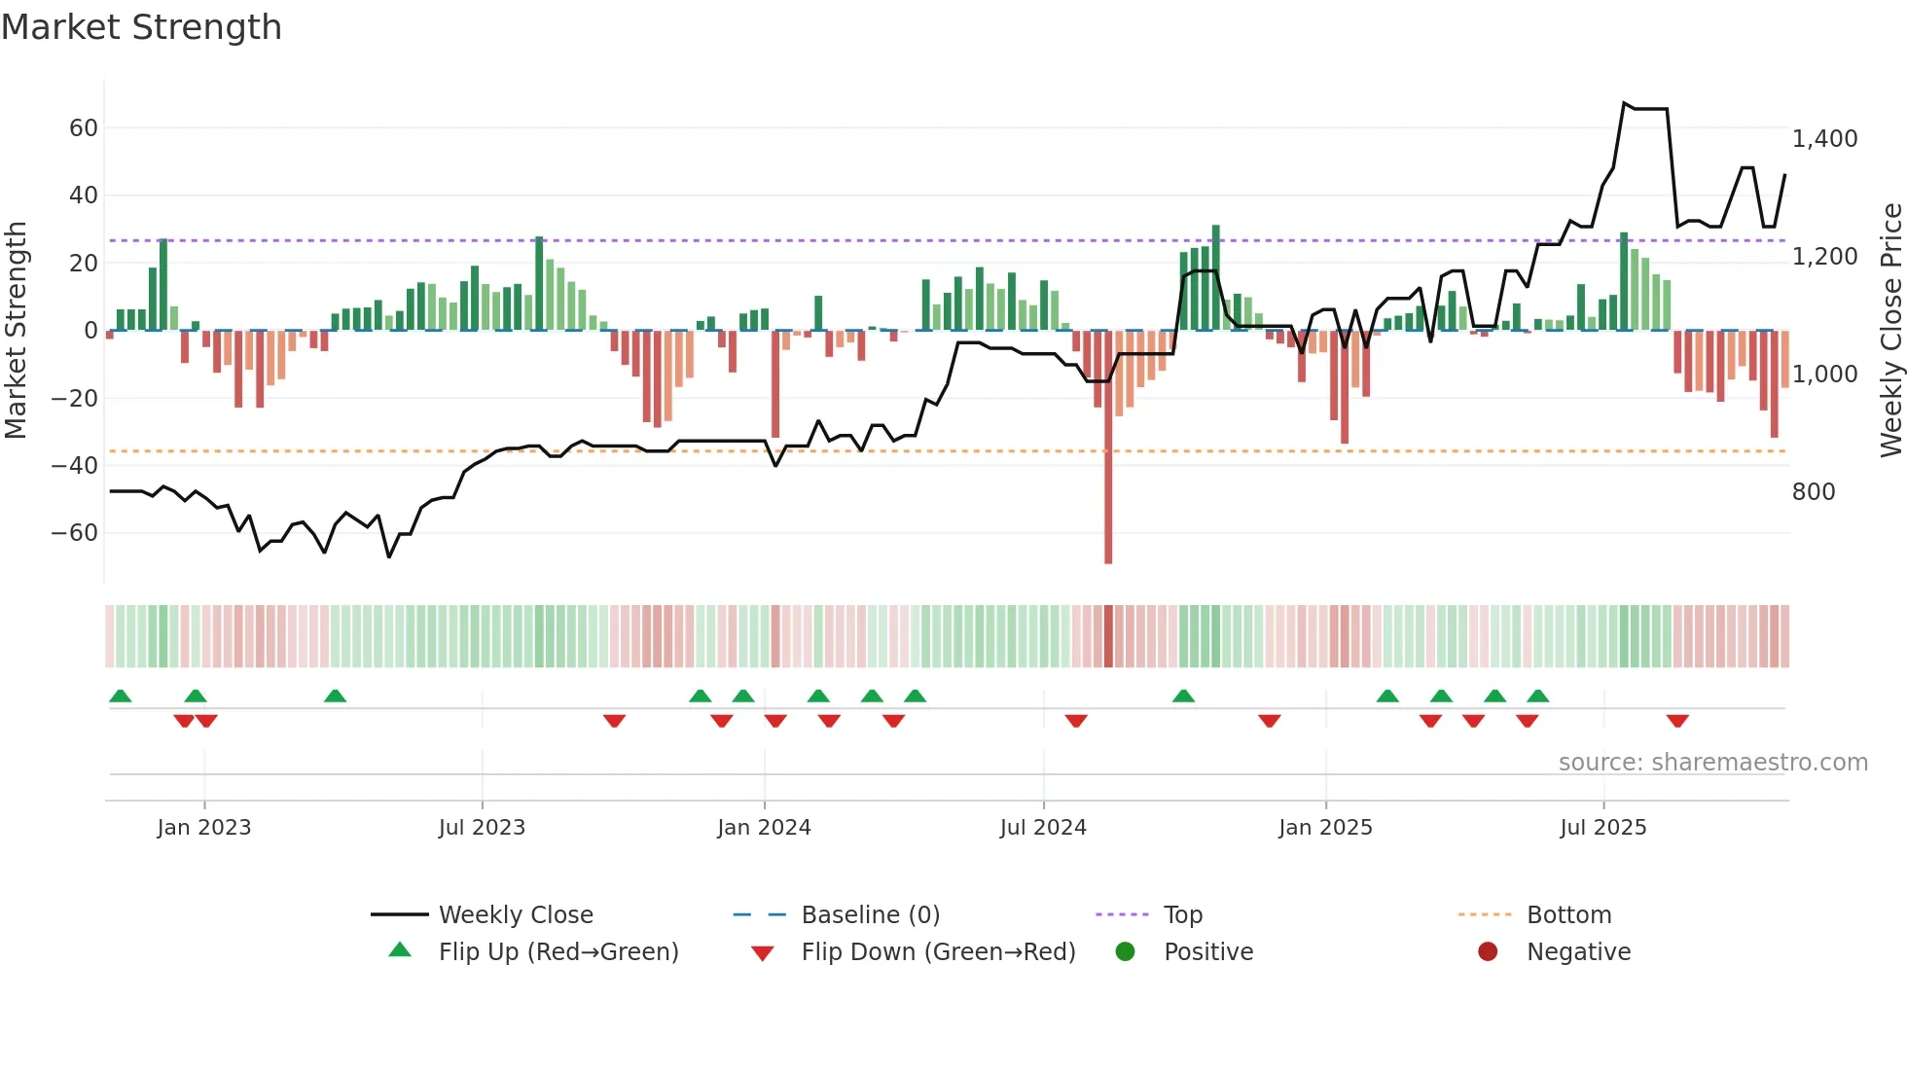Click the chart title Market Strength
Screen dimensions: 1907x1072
tap(141, 27)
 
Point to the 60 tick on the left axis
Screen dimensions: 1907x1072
tap(83, 128)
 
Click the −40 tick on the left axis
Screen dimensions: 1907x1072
tap(75, 466)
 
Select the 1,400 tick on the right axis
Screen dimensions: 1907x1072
tap(1824, 139)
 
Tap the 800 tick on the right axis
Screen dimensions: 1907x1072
tap(1814, 492)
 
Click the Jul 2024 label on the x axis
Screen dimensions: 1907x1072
tap(1043, 828)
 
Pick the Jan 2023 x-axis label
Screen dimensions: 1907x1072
tap(204, 828)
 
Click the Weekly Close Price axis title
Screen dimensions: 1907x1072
tap(1890, 331)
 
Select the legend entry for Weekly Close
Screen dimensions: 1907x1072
tap(516, 915)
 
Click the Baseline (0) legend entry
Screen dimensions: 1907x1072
tap(870, 915)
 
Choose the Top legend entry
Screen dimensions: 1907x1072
tap(1183, 915)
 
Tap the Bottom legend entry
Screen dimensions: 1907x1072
tap(1568, 915)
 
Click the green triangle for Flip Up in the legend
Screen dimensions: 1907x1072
tap(400, 950)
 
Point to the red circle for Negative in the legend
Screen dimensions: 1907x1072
tap(1488, 951)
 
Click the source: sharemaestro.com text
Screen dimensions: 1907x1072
tap(1712, 763)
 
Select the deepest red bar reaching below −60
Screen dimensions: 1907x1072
tap(1108, 486)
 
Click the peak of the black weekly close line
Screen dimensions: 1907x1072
tap(1625, 103)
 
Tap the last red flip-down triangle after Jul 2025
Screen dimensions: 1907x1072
tap(1677, 721)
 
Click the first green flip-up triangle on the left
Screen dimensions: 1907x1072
tap(121, 696)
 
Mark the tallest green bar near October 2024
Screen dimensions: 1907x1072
tap(1216, 277)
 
